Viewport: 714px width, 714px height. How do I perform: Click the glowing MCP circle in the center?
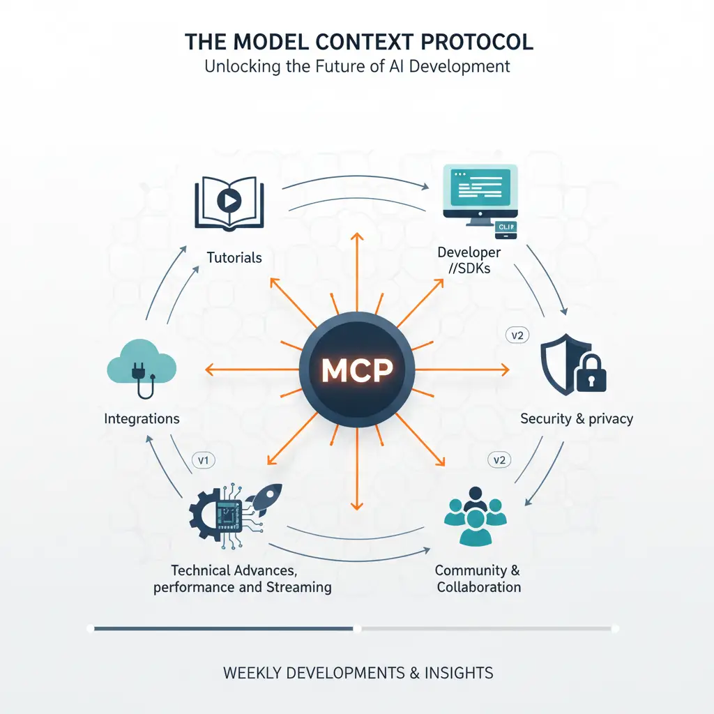[357, 370]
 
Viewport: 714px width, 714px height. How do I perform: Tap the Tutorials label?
[234, 257]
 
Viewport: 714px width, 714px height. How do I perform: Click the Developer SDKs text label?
[469, 259]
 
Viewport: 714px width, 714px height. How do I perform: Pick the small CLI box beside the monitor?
[505, 227]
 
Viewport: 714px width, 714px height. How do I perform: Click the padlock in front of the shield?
[590, 374]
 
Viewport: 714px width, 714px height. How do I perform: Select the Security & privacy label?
[577, 419]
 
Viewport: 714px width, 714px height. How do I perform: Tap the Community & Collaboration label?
[478, 578]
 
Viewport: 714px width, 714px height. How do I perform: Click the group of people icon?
[476, 515]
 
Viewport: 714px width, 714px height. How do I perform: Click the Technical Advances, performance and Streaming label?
[243, 578]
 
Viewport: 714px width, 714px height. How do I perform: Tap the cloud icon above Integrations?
[142, 363]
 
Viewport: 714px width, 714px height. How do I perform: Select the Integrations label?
[142, 419]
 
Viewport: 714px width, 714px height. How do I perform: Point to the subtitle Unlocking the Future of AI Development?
[357, 67]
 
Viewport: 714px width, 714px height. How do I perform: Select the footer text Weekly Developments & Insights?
[358, 673]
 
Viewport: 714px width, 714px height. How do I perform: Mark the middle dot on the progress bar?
[358, 628]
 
